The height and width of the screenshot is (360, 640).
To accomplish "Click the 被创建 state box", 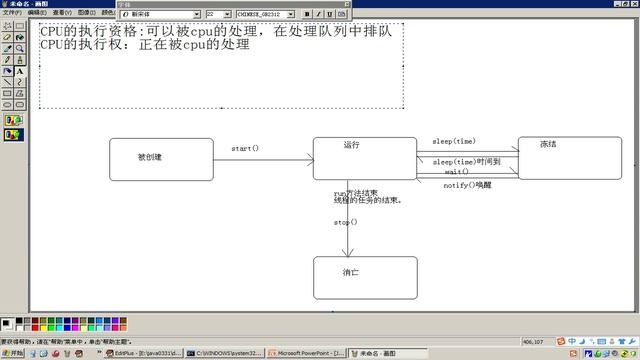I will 161,159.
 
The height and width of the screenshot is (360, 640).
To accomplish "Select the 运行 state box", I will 364,158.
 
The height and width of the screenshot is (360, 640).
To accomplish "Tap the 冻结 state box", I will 569,158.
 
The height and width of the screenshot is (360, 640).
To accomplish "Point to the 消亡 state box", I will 364,277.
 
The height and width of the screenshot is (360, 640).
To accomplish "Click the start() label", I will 245,148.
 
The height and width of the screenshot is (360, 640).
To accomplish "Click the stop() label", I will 346,222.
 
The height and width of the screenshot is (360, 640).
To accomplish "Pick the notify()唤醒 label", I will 468,185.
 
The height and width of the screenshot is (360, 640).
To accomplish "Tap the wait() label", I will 457,172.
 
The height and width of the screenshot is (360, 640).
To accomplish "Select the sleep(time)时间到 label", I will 466,161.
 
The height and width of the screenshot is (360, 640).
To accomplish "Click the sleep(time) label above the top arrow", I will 454,141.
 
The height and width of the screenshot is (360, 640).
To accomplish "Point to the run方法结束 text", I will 356,192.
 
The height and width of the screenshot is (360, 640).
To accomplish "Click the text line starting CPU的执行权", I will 144,45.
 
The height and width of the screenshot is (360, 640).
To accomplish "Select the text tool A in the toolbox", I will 20,71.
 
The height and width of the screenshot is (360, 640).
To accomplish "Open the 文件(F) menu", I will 11,13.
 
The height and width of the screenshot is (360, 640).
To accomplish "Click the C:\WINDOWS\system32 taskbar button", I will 228,353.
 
